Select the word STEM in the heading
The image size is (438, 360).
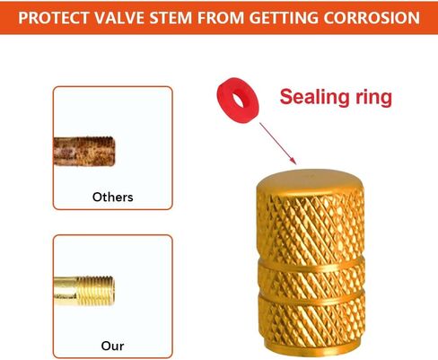[171, 18]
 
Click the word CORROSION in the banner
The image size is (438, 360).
[372, 18]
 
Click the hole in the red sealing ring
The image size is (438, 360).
[239, 101]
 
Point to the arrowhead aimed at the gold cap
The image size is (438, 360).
[293, 161]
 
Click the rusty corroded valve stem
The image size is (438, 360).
[83, 152]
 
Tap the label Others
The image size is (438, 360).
[113, 197]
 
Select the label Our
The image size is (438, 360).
[112, 346]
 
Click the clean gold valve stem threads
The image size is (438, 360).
[95, 291]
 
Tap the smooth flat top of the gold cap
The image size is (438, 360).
[310, 179]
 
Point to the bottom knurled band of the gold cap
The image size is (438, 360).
[312, 325]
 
